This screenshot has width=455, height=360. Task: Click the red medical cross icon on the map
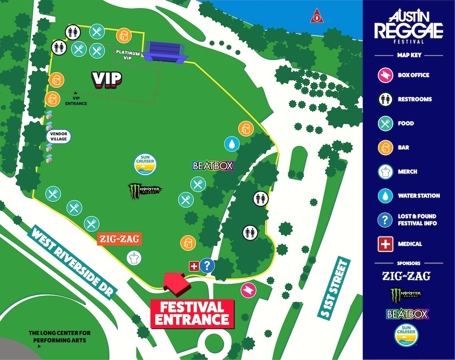[x=194, y=266]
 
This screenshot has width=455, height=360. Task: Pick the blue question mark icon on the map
[x=207, y=266]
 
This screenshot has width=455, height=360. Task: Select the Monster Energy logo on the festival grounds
[x=145, y=190]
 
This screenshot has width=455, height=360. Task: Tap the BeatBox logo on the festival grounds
[x=213, y=165]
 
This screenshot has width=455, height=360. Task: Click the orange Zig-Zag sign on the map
[x=118, y=239]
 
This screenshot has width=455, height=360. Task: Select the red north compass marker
[x=316, y=17]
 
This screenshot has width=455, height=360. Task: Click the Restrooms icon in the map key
[x=386, y=99]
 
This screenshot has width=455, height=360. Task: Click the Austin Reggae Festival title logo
[x=409, y=27]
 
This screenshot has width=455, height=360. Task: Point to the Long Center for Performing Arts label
[x=59, y=336]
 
